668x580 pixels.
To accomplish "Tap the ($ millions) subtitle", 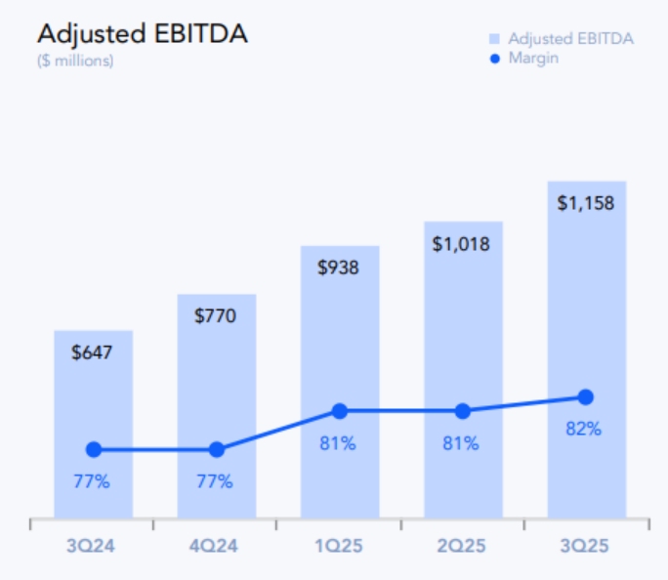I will [x=75, y=61].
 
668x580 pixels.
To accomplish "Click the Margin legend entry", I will [x=533, y=59].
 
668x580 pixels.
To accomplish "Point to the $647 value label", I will [x=93, y=352].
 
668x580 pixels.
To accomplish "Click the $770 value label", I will [x=216, y=315].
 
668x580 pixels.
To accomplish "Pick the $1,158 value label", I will [x=586, y=204].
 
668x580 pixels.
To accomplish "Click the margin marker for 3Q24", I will [x=94, y=449].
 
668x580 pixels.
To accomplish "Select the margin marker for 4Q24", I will [x=217, y=449].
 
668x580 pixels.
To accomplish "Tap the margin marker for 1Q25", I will [x=340, y=411].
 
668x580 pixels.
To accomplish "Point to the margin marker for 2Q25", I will [x=463, y=411].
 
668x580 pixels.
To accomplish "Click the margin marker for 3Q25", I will [x=586, y=396].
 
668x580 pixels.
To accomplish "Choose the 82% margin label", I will [x=584, y=429].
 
